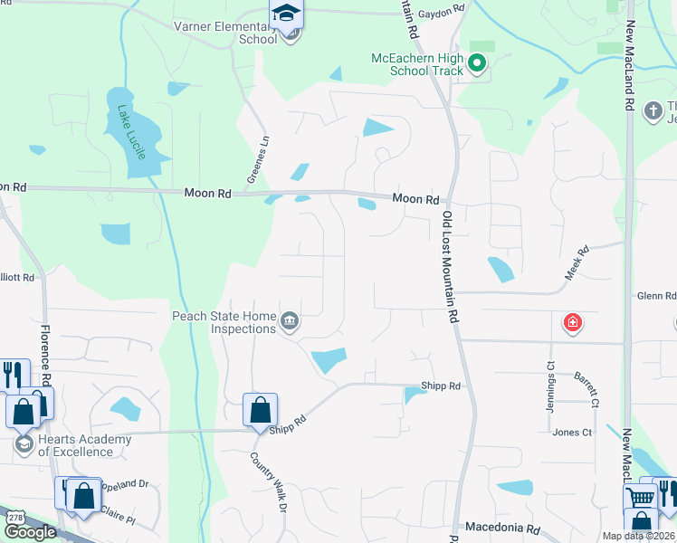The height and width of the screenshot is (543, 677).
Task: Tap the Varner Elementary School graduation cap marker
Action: [286, 16]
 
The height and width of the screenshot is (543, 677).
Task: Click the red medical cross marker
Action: [572, 322]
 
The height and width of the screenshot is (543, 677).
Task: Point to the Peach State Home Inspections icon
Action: [290, 321]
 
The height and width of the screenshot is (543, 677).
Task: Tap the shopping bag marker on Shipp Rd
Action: [260, 409]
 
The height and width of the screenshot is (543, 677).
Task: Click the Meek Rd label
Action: [577, 262]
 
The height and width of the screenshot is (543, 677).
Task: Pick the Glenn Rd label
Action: [656, 296]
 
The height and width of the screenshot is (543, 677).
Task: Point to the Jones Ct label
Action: [571, 433]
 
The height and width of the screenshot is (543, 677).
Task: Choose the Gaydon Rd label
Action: [444, 7]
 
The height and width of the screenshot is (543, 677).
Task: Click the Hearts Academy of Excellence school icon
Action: [24, 444]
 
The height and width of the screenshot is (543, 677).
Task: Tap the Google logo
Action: [30, 532]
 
